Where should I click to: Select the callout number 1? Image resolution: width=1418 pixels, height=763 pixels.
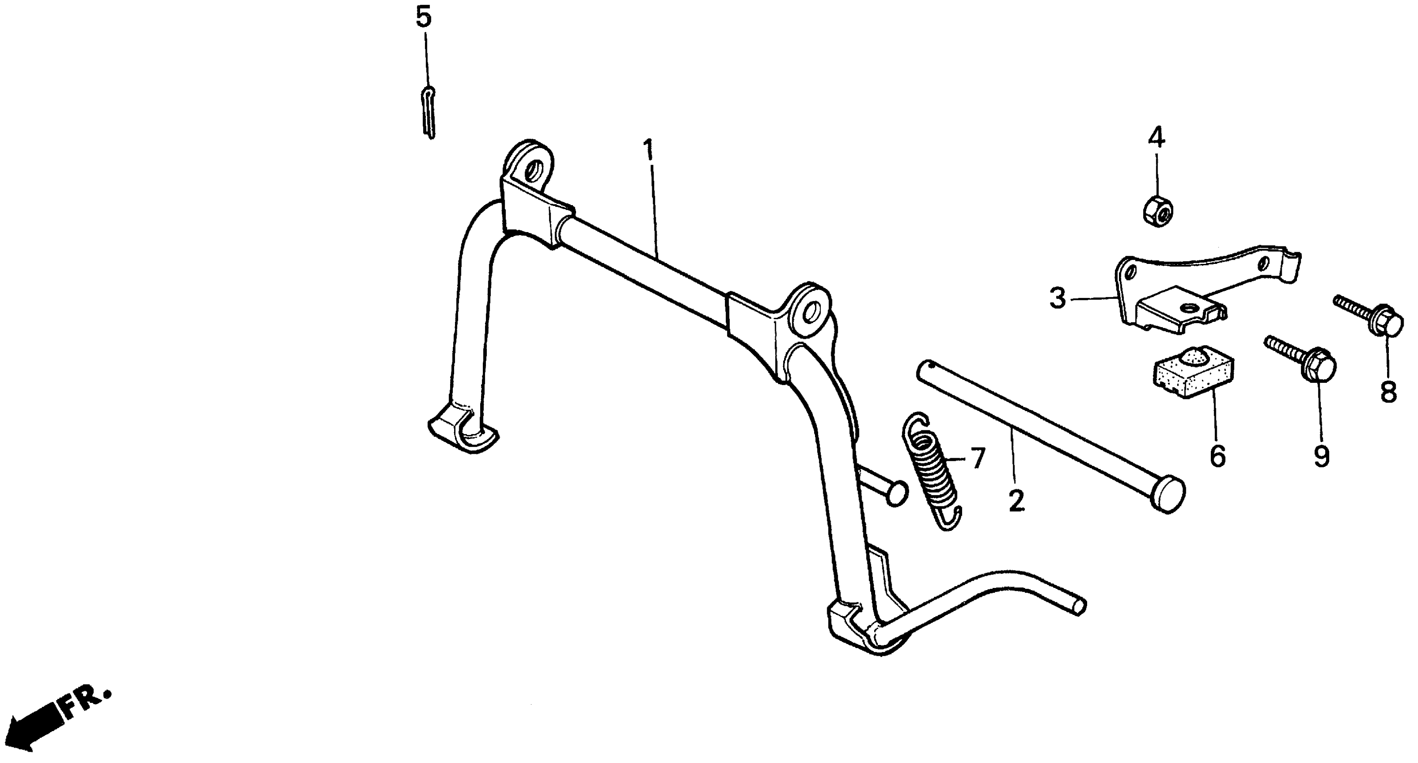click(650, 150)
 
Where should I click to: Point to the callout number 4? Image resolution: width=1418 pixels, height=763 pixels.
click(1156, 137)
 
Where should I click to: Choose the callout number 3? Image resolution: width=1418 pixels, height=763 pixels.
click(1058, 299)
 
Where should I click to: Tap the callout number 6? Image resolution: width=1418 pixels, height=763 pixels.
click(1218, 456)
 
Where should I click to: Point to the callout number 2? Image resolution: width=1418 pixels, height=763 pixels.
click(1016, 500)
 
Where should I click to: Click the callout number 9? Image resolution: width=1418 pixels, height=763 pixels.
click(1321, 456)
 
